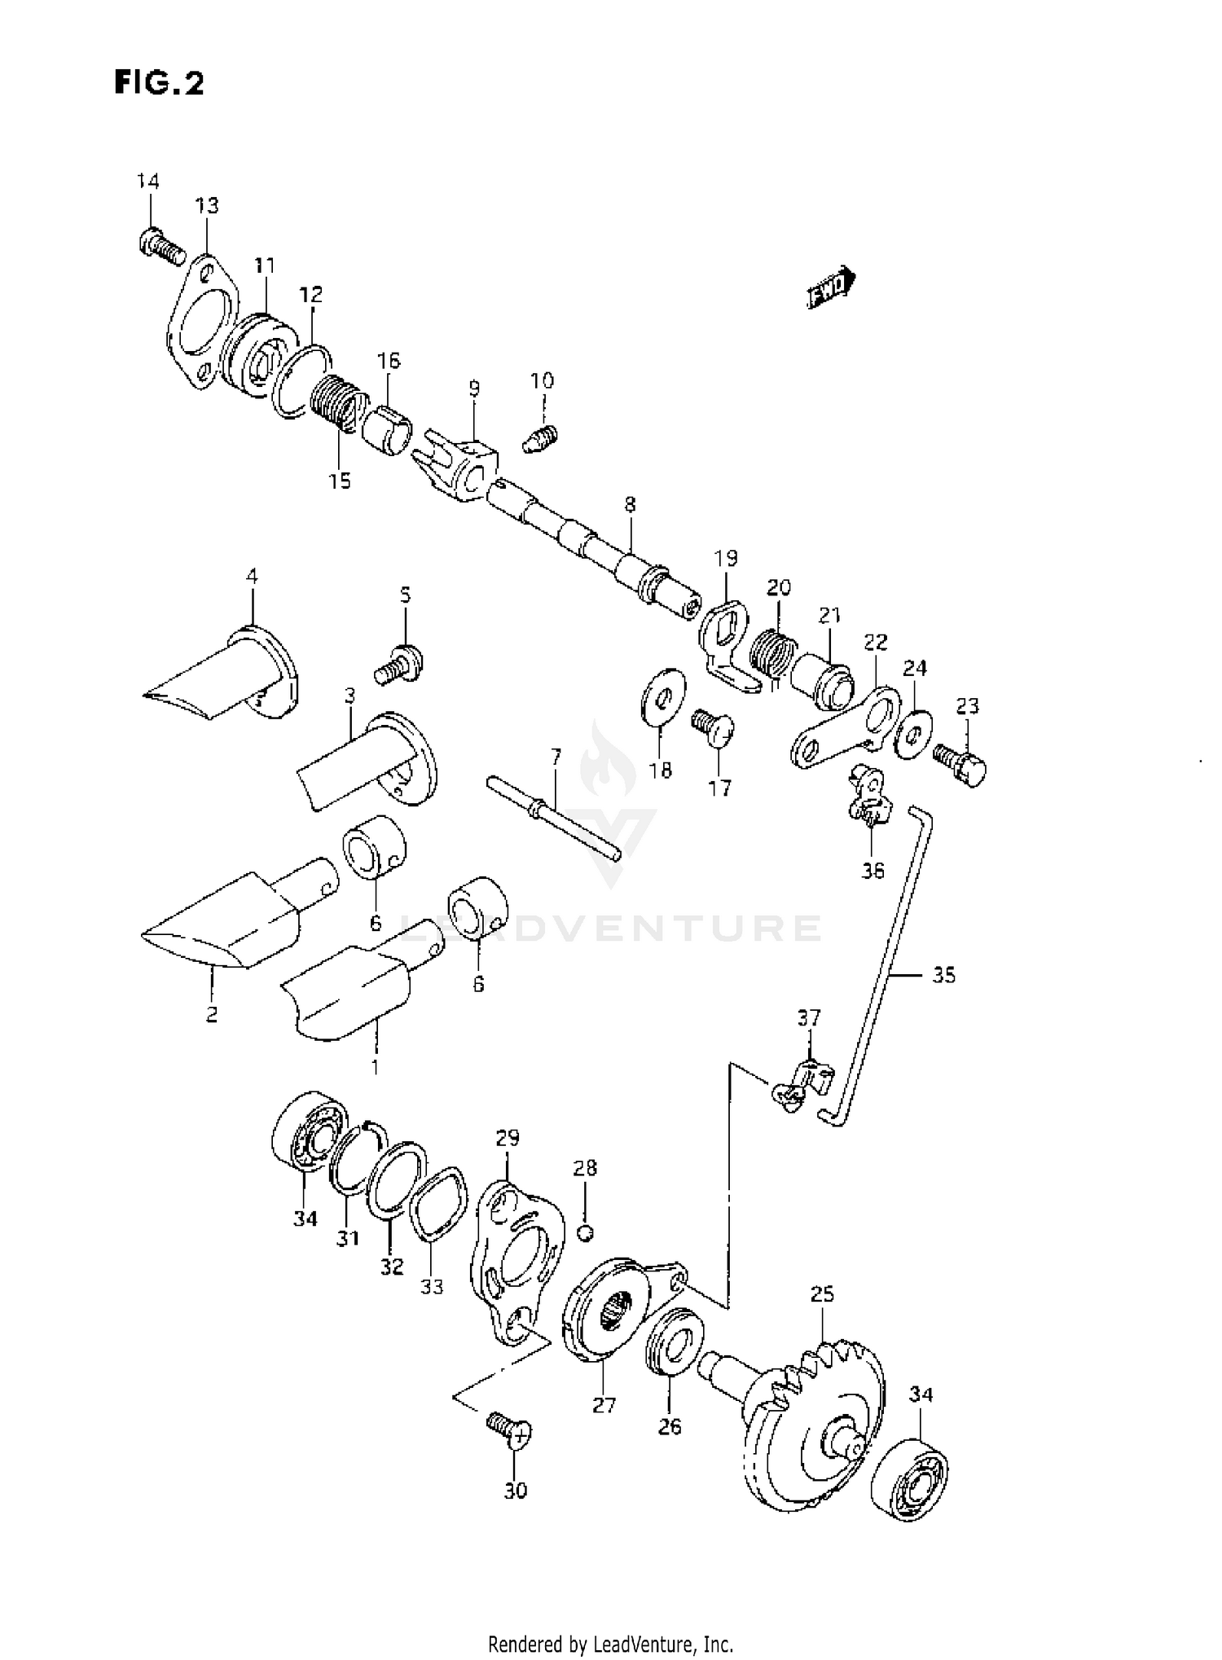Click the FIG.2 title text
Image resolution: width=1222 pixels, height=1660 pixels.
tap(159, 82)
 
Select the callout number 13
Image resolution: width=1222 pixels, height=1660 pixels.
tap(207, 206)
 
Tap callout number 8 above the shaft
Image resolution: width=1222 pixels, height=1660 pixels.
tap(630, 504)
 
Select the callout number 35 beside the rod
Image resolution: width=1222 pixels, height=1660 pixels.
tap(943, 975)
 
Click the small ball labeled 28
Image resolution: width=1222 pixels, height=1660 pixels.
tap(584, 1232)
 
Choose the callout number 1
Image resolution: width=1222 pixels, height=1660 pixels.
tap(375, 1066)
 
